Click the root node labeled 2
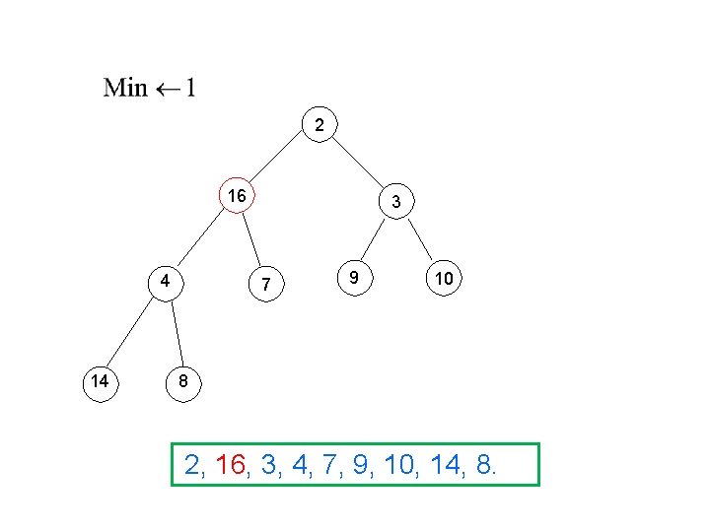319,125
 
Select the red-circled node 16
237,195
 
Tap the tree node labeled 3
395,202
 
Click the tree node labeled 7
265,285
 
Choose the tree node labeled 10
445,280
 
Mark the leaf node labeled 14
99,381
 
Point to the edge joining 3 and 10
421,242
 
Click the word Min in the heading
125,88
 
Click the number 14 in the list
444,465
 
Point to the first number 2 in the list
191,465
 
